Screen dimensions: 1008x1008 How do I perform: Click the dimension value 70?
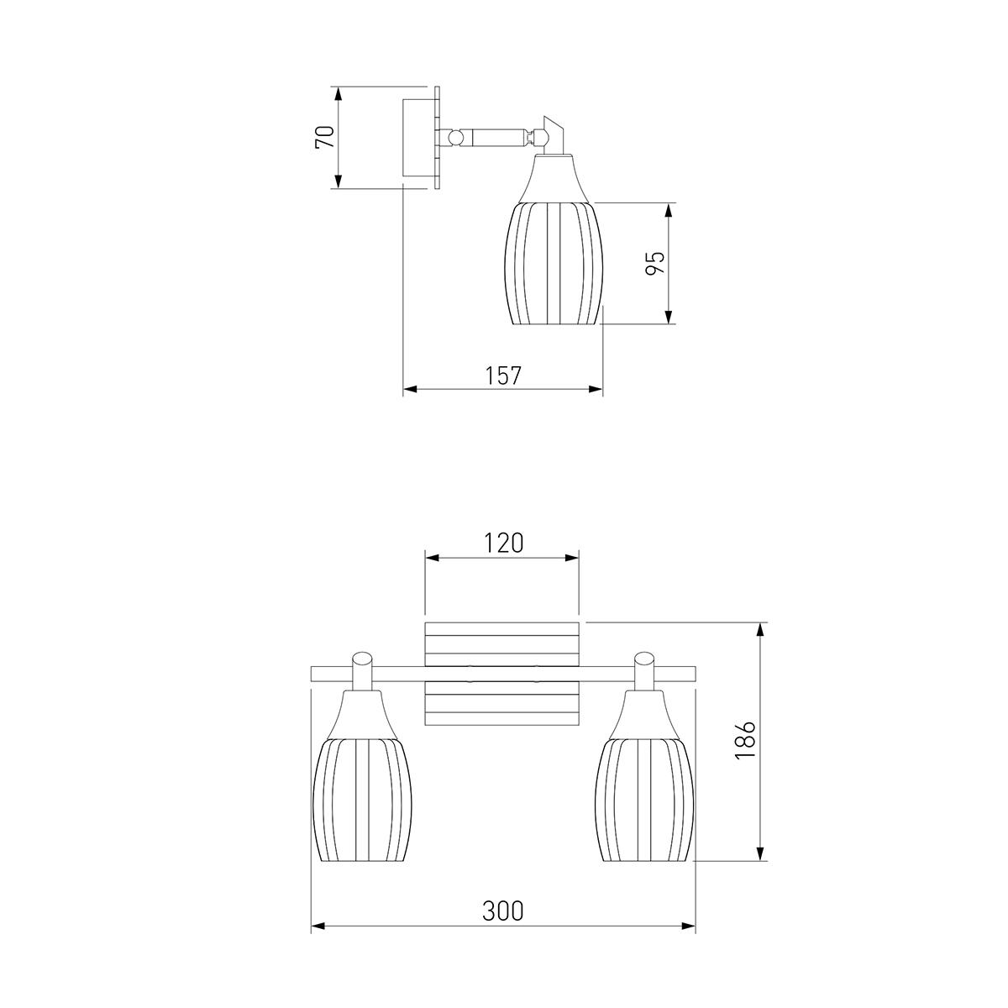(x=325, y=137)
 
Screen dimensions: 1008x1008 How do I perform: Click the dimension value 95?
(x=654, y=263)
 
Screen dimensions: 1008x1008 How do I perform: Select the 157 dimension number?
(x=503, y=375)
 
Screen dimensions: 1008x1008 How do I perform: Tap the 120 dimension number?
(x=502, y=543)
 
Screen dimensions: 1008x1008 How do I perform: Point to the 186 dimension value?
(x=745, y=740)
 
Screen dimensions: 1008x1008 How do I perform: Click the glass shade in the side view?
(x=554, y=263)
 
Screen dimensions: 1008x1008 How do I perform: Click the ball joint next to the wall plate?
(x=456, y=138)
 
